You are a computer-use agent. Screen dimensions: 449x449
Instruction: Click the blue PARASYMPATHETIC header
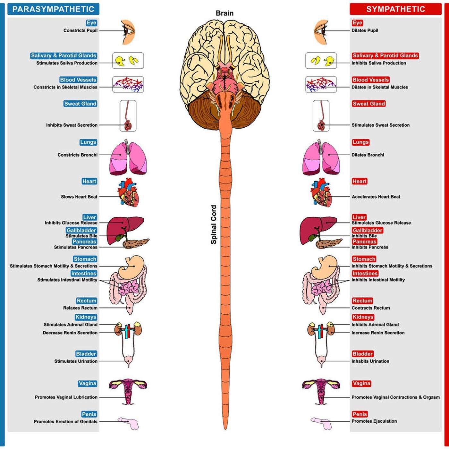point(53,9)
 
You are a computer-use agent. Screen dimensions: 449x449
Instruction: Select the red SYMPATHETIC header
point(395,9)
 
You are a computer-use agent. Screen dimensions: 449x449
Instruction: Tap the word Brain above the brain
point(224,13)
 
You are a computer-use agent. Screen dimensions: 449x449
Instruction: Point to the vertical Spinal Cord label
point(214,224)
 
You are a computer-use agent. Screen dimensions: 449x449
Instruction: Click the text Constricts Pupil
point(80,30)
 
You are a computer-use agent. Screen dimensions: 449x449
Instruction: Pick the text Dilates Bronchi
point(368,155)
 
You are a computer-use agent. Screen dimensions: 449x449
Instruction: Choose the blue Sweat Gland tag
point(80,104)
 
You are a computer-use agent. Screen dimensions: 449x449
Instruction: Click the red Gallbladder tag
point(367,230)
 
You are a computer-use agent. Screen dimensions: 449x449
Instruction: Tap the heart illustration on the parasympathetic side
point(128,192)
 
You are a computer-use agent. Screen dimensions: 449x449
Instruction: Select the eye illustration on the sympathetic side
point(321,32)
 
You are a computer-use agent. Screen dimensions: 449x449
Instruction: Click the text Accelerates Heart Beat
point(376,197)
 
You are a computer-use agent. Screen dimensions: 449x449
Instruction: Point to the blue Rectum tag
point(86,301)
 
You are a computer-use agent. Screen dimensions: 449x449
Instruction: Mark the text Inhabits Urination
point(370,361)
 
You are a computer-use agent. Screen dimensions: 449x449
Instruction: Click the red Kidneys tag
point(363,317)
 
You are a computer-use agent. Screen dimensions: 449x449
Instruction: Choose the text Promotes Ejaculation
point(374,421)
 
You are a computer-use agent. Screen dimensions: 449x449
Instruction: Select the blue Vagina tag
point(87,383)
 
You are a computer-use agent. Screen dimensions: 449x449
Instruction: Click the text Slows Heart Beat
point(79,197)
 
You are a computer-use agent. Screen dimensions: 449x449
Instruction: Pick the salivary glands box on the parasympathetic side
point(128,60)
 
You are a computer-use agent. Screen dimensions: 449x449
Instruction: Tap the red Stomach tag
point(364,259)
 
